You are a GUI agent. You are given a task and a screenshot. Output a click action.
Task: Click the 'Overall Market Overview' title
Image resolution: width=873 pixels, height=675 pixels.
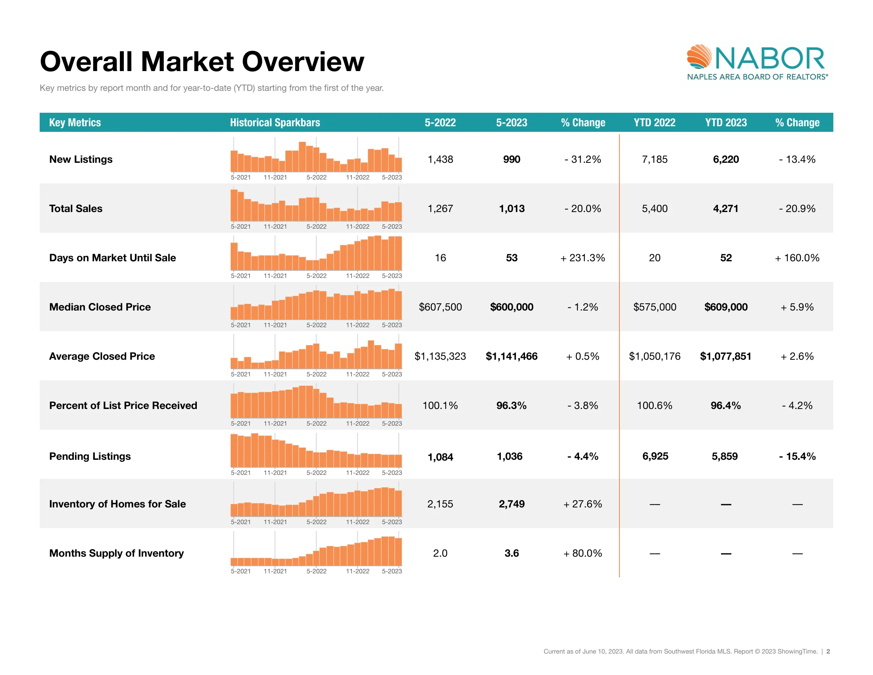coord(202,62)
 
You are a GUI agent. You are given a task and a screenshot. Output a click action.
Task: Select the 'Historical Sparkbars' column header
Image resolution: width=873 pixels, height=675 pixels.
coord(275,122)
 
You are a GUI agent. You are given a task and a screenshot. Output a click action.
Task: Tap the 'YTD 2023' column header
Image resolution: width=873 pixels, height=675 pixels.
coord(725,122)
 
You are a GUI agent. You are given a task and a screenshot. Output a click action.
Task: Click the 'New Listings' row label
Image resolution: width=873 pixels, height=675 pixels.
coord(81,159)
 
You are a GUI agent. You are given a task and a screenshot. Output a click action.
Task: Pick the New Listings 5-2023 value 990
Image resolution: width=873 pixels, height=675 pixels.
coord(511,159)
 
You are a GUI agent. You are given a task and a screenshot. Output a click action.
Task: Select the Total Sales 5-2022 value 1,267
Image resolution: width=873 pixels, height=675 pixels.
coord(440,208)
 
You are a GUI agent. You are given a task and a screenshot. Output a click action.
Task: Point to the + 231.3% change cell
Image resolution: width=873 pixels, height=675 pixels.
coord(583,258)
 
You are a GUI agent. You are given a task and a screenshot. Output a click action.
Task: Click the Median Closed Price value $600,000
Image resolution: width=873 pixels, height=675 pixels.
coord(511,307)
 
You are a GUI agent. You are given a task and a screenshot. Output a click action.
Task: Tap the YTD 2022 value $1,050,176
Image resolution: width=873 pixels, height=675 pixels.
coord(654,356)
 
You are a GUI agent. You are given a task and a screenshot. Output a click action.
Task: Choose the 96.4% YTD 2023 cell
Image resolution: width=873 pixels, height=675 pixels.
coord(725,405)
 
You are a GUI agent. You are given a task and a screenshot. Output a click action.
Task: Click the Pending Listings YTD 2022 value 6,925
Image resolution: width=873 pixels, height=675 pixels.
coord(655,456)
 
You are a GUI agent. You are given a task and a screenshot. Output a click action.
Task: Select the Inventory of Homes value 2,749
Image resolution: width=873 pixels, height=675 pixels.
coord(511,504)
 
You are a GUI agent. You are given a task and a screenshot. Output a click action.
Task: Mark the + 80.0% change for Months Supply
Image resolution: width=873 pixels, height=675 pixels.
coord(583,553)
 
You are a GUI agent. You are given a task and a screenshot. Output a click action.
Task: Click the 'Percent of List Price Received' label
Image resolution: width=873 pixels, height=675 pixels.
coord(123,405)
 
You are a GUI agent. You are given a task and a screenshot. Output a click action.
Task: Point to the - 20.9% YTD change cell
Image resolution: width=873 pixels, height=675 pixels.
coord(797,208)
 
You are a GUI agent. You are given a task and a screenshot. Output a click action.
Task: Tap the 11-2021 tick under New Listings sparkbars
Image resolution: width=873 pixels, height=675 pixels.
coord(275,177)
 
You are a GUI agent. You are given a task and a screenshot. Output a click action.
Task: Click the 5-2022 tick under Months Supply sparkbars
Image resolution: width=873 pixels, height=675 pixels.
coord(316,571)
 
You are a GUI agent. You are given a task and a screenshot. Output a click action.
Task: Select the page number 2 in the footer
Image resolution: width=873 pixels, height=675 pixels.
coord(828,652)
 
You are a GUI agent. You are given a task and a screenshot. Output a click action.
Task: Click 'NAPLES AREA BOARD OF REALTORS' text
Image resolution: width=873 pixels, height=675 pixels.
coord(757,77)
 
